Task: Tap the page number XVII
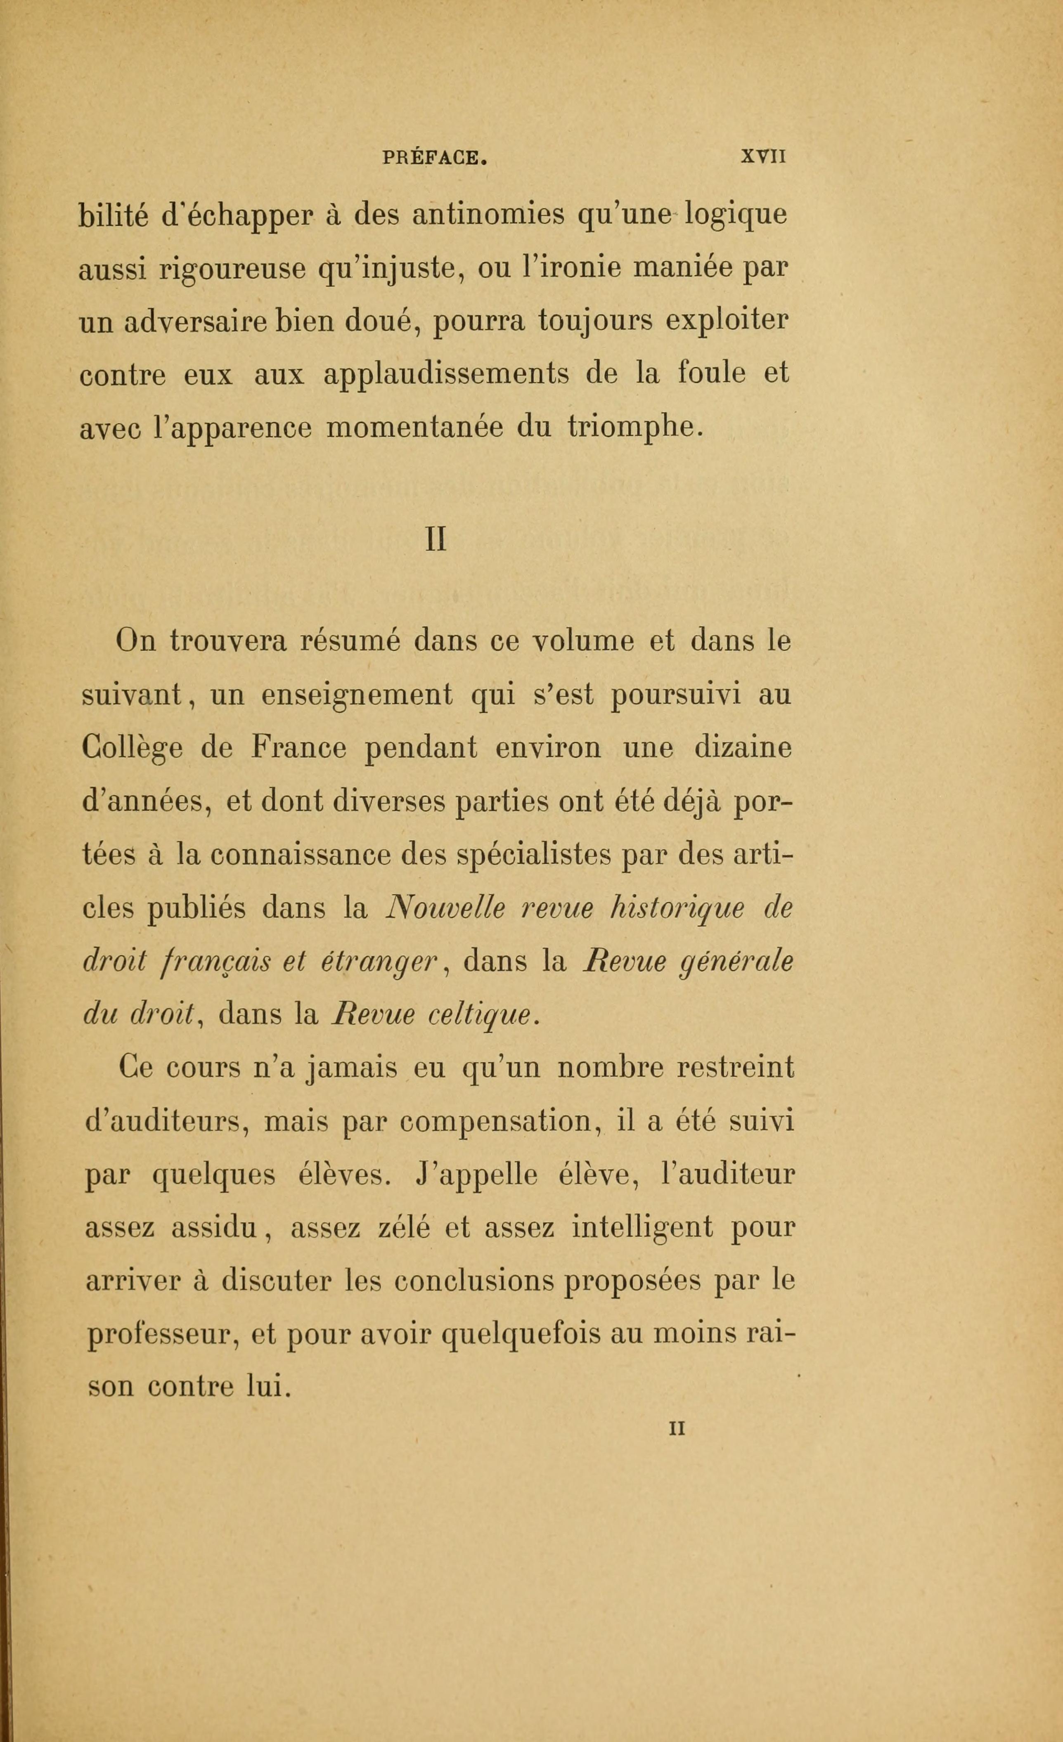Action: [763, 156]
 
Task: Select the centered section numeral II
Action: [436, 540]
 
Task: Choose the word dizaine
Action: [743, 748]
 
